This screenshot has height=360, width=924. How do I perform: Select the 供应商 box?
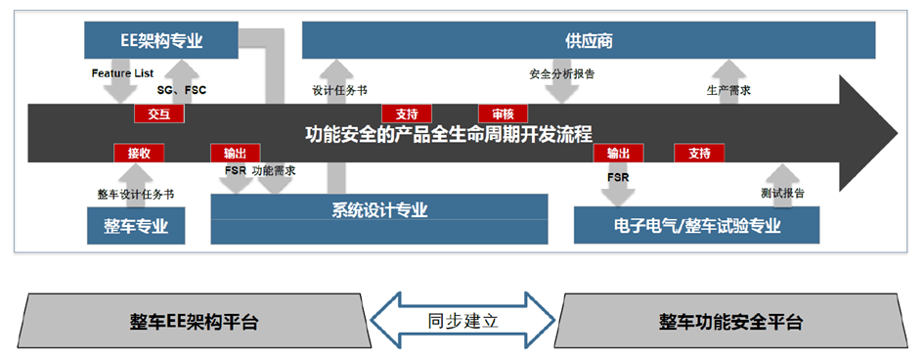click(588, 41)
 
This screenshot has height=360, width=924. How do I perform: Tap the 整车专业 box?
click(136, 225)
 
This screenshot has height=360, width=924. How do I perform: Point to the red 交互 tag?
click(158, 113)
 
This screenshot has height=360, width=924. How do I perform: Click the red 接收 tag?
click(139, 153)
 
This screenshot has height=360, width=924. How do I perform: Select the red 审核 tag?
click(503, 113)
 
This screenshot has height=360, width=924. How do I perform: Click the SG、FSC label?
click(181, 90)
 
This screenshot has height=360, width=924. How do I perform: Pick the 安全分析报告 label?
click(562, 73)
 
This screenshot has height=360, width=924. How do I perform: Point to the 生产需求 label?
click(728, 91)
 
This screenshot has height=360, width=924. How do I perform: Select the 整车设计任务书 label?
click(135, 194)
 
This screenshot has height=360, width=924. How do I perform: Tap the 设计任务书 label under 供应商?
click(339, 91)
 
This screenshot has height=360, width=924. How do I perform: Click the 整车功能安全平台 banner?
click(729, 321)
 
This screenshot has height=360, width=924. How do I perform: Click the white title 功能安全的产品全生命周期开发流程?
click(449, 133)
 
